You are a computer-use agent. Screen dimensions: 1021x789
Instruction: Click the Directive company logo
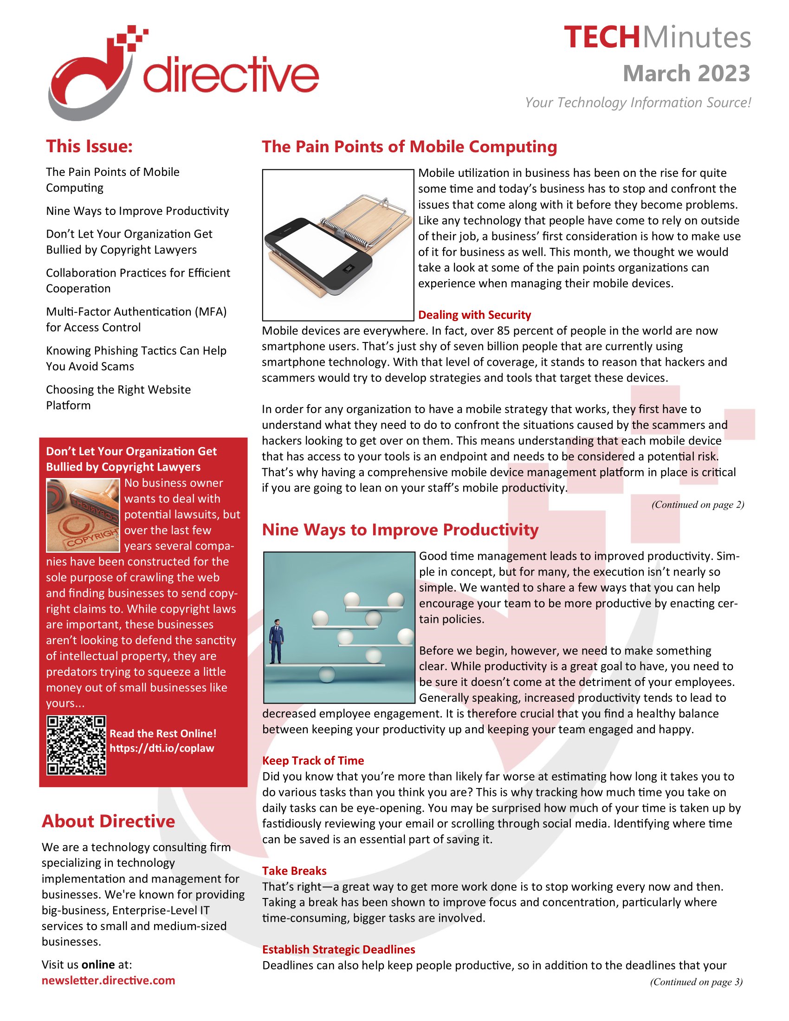182,72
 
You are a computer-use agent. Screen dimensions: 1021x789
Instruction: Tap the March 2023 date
686,74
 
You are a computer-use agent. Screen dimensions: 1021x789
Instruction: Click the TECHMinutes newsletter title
657,38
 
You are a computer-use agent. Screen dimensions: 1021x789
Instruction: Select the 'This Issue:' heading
89,146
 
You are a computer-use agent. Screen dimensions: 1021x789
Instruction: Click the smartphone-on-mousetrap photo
338,245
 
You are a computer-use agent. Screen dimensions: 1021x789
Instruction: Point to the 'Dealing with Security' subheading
474,315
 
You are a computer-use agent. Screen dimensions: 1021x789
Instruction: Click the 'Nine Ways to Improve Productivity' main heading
400,530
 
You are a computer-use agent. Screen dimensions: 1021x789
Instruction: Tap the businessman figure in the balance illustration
276,641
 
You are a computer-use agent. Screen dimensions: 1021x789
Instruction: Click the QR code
76,745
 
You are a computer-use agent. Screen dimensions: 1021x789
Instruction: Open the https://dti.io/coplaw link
162,748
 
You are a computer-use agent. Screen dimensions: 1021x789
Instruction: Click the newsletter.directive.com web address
109,980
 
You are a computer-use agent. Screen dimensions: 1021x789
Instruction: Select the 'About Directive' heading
109,821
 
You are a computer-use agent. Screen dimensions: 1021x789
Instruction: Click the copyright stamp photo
83,515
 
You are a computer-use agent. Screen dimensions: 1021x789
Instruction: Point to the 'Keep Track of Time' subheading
313,761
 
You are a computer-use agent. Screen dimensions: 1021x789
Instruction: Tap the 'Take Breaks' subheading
294,871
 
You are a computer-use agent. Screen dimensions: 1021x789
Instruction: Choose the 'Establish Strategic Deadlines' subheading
338,949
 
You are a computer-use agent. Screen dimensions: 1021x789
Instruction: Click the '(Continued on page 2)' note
698,504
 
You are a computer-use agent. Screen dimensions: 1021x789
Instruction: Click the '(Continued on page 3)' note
696,982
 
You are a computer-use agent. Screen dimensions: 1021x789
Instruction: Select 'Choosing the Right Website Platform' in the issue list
118,397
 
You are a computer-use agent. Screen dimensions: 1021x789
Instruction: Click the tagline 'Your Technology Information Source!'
638,103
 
